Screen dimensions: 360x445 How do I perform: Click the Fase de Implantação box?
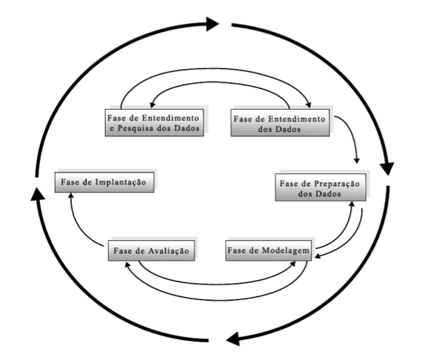coord(105,182)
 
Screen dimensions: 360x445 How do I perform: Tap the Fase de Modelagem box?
coord(267,250)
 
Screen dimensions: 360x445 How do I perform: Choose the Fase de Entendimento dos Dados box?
coord(278,124)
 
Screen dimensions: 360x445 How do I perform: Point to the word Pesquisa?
coord(141,130)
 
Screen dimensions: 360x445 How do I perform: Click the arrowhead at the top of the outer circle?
coord(213,23)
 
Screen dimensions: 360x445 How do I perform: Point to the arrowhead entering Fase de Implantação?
coord(69,197)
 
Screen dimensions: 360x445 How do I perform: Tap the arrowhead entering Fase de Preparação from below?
coord(352,204)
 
